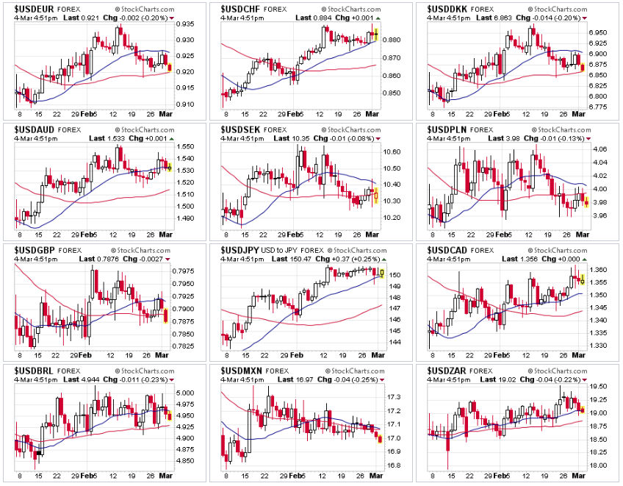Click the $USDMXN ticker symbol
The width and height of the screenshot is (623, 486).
237,370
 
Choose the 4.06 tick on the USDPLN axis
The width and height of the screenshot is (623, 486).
599,149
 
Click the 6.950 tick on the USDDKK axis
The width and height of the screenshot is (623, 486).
600,33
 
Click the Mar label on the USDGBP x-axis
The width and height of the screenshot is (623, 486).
166,354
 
